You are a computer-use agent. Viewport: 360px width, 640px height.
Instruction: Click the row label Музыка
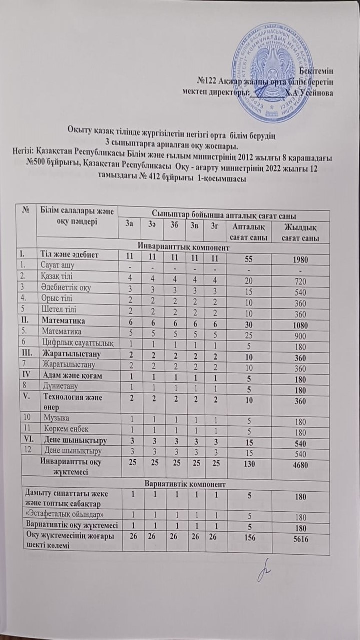(55, 417)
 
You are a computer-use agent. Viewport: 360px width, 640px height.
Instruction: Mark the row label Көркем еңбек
(61, 428)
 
